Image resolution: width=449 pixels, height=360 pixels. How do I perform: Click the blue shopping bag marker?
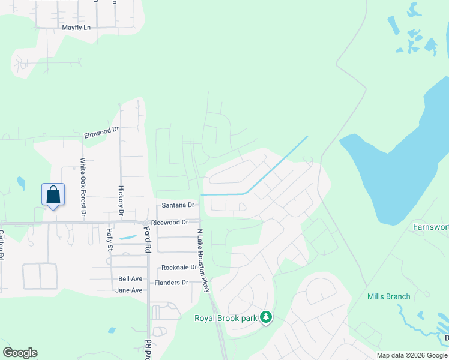[x=53, y=195]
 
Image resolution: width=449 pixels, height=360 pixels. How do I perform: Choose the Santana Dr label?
[x=178, y=205]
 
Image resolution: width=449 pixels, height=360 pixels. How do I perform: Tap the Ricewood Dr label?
[x=169, y=223]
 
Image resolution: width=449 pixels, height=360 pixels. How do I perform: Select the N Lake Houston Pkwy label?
[x=203, y=260]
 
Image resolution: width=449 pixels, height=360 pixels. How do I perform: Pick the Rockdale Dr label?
[x=179, y=268]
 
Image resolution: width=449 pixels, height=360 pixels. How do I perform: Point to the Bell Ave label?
[x=130, y=279]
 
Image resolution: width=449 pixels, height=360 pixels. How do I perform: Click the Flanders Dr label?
[x=172, y=283]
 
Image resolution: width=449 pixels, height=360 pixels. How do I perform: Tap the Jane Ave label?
[x=129, y=290]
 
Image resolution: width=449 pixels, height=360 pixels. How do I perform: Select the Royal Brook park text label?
[x=225, y=318]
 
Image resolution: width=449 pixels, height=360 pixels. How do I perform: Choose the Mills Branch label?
[x=389, y=296]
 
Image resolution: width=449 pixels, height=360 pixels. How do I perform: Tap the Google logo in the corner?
[x=20, y=353]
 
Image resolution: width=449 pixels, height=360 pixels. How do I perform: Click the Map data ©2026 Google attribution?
[x=411, y=355]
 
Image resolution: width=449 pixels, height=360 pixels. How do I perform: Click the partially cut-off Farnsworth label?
[x=430, y=227]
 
